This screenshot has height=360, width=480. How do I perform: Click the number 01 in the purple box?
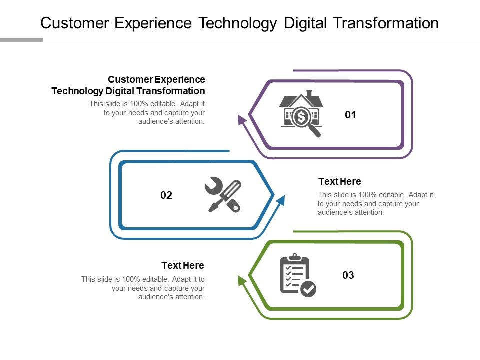[351, 115]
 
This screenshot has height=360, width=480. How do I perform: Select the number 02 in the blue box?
[166, 195]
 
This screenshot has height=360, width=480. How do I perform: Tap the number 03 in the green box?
[348, 275]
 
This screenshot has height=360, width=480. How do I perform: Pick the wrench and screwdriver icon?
[223, 195]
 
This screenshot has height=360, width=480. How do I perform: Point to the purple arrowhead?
[242, 119]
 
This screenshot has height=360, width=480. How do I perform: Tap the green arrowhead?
[242, 280]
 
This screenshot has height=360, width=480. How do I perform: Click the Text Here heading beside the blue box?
[339, 181]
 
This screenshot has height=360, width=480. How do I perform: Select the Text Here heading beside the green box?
[183, 265]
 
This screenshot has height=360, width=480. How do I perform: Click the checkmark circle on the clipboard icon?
[308, 289]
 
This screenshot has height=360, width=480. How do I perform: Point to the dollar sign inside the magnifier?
[301, 117]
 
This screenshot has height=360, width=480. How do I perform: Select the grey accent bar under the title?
[21, 40]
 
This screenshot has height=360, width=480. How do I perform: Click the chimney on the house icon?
[309, 93]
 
